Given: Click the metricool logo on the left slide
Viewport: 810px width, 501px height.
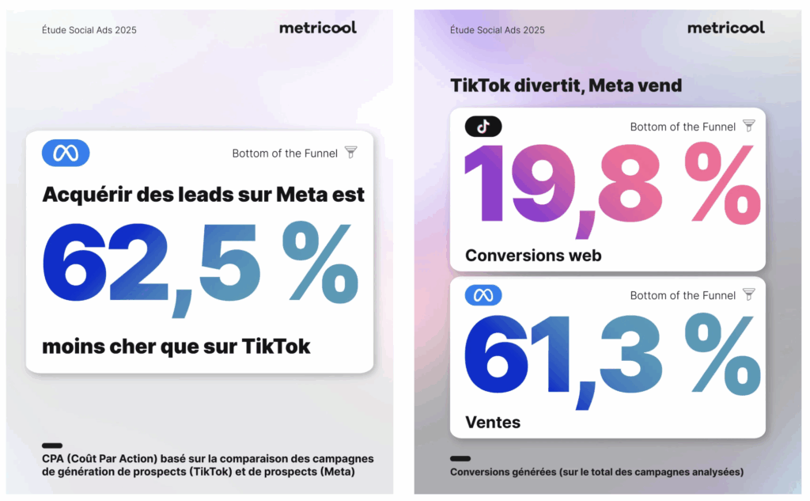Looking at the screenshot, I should pos(317,28).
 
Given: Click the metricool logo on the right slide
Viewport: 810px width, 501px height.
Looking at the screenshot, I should pos(725,28).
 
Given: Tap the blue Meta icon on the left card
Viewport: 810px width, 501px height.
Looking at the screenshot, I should pos(66,153).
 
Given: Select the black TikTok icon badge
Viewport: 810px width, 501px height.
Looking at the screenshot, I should pos(483,126).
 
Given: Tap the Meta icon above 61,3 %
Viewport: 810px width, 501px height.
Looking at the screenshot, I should pos(483,295).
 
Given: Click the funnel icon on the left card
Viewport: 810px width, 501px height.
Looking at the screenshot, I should pos(350,153).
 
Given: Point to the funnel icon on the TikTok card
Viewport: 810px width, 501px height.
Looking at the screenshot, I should pos(748,126).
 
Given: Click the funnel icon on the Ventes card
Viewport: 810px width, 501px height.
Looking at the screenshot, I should pos(748,294).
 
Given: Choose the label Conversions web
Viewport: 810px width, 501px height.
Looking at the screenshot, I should pos(533,255).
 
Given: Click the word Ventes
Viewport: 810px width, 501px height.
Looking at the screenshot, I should pos(493,423).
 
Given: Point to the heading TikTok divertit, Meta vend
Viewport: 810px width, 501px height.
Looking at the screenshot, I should pos(566,85).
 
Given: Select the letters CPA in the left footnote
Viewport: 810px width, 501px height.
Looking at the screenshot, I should pos(54,459).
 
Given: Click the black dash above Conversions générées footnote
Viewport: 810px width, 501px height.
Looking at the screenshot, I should pos(460,458).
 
